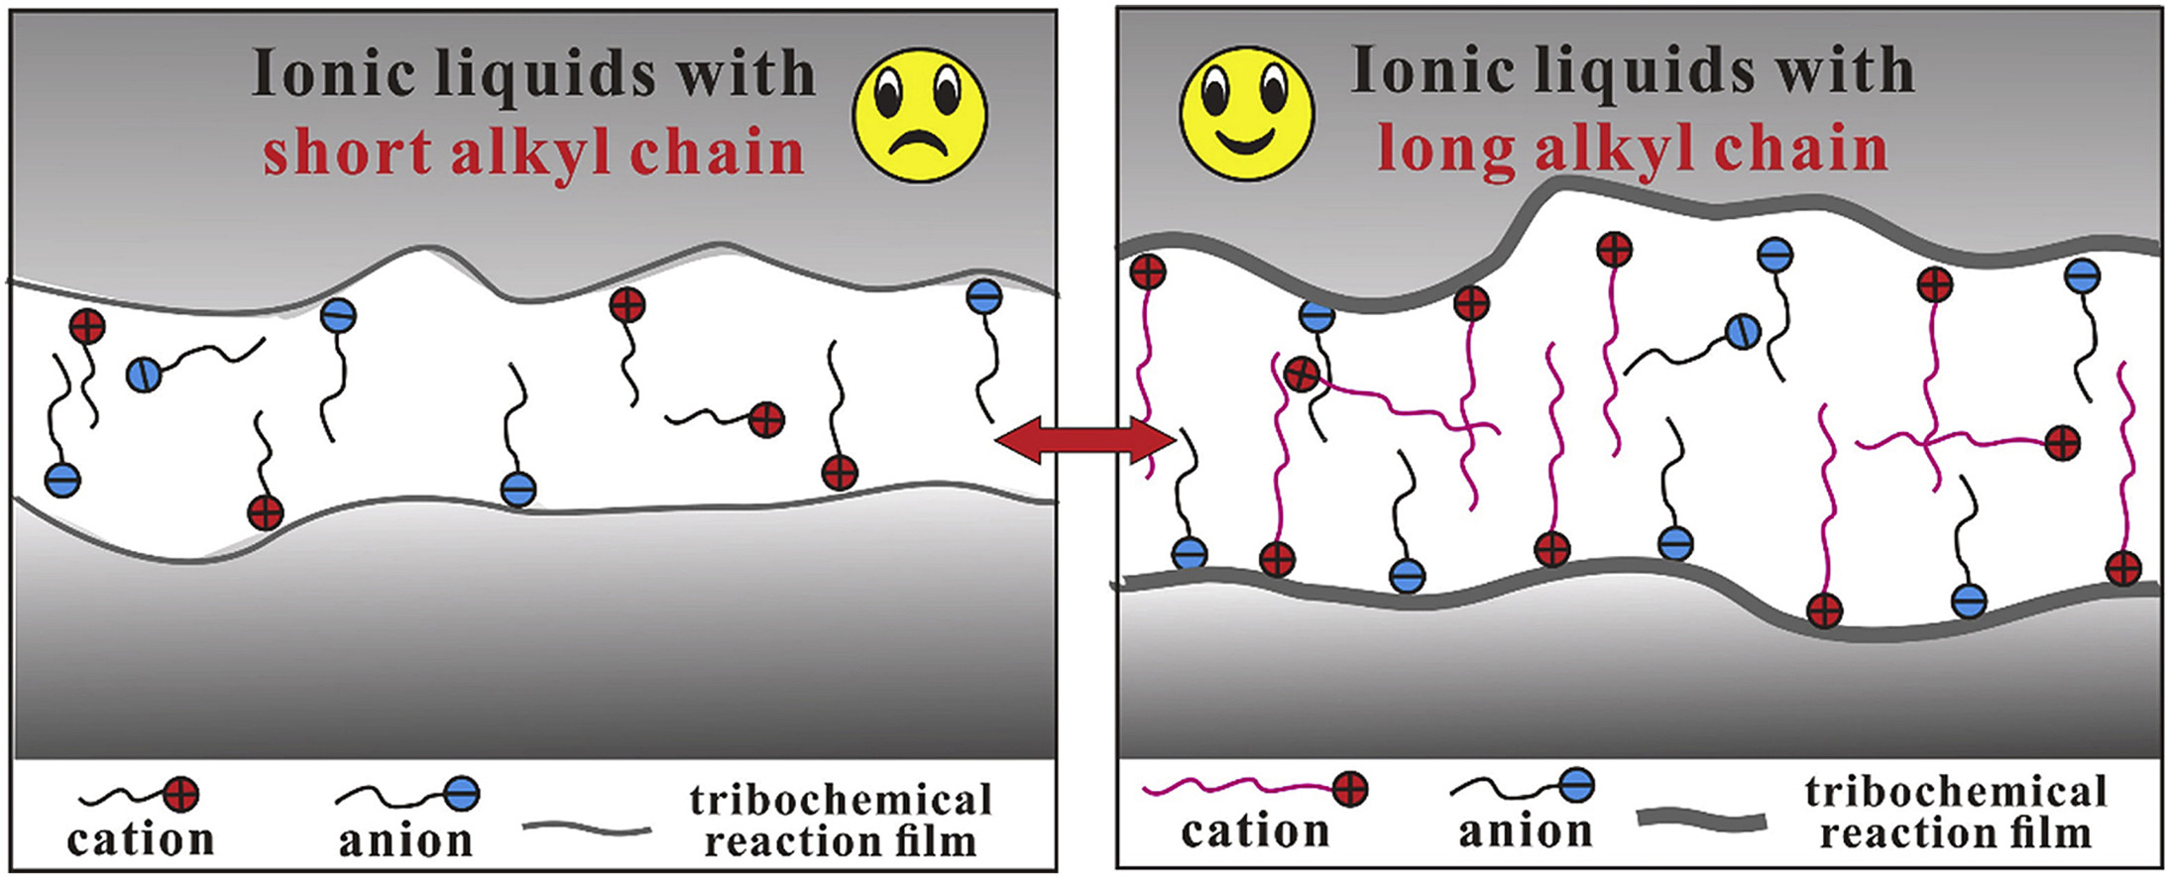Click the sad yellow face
click(920, 115)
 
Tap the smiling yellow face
click(1246, 113)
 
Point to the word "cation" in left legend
click(140, 839)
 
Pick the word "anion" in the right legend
click(1525, 830)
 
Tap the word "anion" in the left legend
click(405, 840)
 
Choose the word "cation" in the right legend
click(1255, 830)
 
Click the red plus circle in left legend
click(180, 794)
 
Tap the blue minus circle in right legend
click(1576, 786)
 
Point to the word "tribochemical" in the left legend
click(841, 800)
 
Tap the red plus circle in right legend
click(1350, 790)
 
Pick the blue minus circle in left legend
click(461, 793)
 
